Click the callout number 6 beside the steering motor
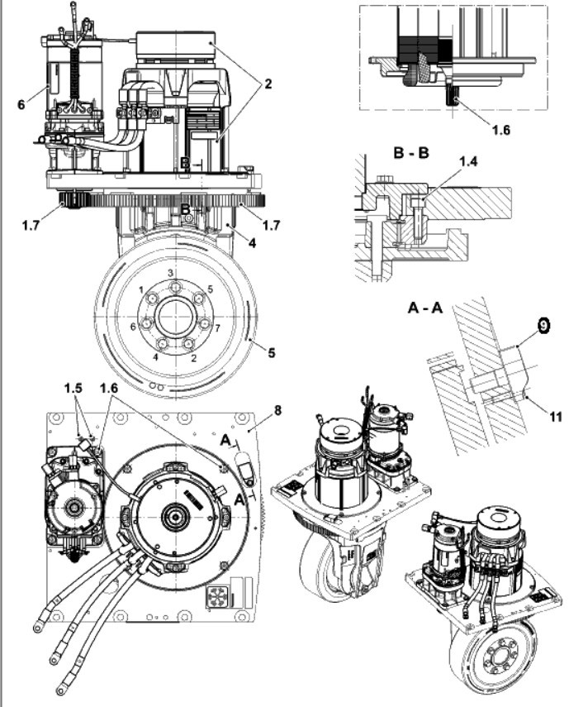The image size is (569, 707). (x=21, y=105)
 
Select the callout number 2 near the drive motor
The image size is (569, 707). (x=268, y=84)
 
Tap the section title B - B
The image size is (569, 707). (x=411, y=152)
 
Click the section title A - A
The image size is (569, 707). (x=425, y=308)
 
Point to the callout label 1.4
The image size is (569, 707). (x=468, y=161)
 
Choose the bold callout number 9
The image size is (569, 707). (x=543, y=325)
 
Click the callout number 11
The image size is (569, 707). (x=557, y=416)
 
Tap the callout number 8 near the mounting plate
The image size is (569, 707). (x=277, y=410)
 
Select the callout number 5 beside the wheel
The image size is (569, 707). (x=271, y=352)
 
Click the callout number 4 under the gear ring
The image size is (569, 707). (x=252, y=243)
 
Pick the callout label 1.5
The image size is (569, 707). (x=73, y=388)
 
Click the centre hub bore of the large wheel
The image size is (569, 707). (x=177, y=317)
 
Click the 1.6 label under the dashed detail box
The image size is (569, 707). (x=500, y=130)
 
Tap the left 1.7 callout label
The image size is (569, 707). (x=31, y=225)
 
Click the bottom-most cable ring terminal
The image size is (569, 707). (x=59, y=690)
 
